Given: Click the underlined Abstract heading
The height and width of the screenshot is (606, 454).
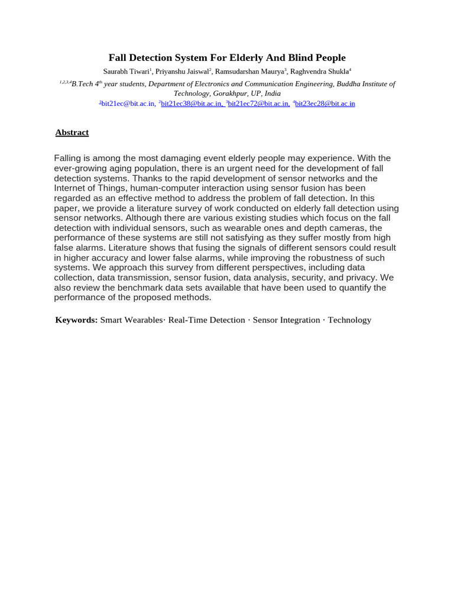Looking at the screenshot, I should tap(72, 133).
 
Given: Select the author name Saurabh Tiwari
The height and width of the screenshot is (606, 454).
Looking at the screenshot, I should tap(126, 72).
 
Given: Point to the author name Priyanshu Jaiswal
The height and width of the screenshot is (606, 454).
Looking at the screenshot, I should tap(181, 72).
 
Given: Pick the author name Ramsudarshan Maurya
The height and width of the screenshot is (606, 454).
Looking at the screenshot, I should tap(249, 72).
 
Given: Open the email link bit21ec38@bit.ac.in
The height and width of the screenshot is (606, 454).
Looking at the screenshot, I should tap(192, 104).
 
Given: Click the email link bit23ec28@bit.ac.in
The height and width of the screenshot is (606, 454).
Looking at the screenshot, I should tap(325, 104).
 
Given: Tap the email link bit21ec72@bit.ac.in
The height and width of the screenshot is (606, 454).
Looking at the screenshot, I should tap(258, 104).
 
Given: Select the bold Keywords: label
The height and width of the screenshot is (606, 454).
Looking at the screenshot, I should tap(76, 320).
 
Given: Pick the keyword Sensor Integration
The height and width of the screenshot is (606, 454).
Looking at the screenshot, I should tap(286, 320).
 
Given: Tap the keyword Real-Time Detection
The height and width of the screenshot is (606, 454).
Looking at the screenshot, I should tap(206, 320).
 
